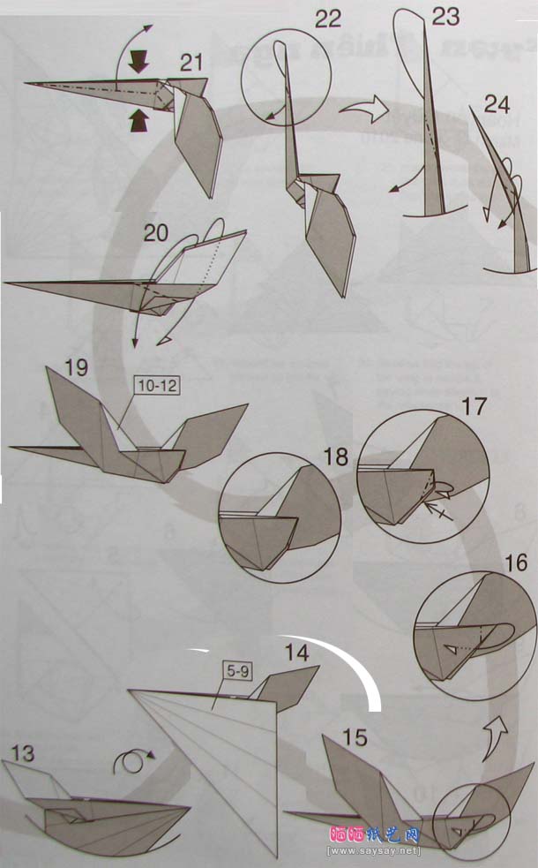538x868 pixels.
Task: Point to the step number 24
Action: pyautogui.click(x=497, y=105)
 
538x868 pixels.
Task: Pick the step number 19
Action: pyautogui.click(x=76, y=366)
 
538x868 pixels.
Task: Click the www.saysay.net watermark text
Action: pyautogui.click(x=374, y=851)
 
